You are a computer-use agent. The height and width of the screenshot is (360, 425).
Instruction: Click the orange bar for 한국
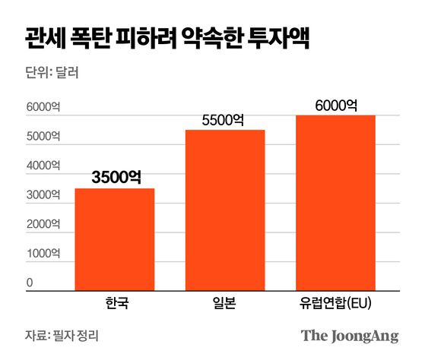(x=114, y=238)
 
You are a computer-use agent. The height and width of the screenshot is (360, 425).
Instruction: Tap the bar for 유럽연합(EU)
(x=335, y=202)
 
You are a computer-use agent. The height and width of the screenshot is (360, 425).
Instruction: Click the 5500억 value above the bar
(x=225, y=119)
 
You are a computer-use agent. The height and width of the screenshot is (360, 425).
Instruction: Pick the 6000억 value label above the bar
(x=336, y=105)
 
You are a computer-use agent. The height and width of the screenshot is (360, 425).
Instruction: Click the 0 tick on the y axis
(x=29, y=283)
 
